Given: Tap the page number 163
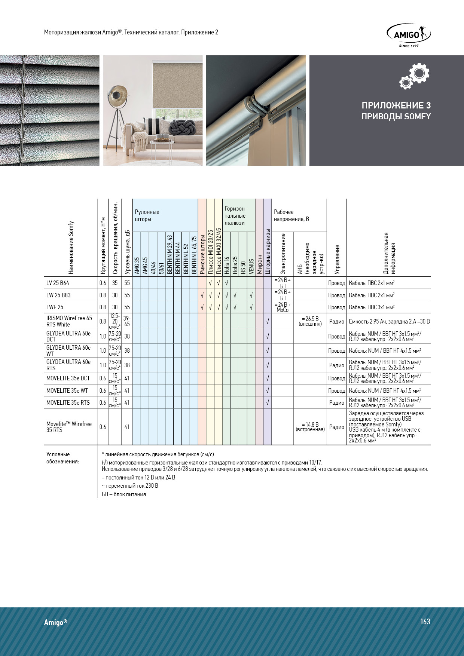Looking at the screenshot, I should point(425,621).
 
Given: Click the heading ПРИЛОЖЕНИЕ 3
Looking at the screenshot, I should point(396,105).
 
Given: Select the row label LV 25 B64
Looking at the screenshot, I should point(58,283).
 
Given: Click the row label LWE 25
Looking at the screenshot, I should point(55,307).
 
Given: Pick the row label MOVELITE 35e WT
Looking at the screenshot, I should point(67,390).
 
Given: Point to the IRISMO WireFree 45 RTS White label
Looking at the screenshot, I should point(69,321).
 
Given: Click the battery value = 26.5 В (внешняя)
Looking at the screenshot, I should point(310,321).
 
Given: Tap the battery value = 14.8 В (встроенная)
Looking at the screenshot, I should point(310,427).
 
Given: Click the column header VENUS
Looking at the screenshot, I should point(251,266).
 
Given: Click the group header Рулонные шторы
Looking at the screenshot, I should point(147,215).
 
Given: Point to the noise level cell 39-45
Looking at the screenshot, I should point(127,321).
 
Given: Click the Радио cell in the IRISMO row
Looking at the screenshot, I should point(336,322).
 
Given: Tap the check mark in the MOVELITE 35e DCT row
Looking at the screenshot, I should point(267,378).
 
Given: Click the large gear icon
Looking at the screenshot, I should point(419,73).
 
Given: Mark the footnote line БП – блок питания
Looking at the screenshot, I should point(124,494).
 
